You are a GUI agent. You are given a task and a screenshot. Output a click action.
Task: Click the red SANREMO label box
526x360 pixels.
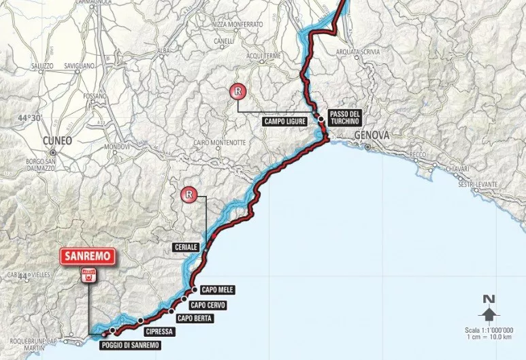(88, 257)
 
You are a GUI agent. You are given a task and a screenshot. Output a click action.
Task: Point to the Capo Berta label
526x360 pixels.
(195, 318)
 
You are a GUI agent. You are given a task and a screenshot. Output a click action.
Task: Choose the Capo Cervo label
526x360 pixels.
(208, 304)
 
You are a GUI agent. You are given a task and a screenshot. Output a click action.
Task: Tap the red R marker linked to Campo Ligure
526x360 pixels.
(237, 90)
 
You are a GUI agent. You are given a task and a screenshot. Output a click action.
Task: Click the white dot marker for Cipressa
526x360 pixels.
(140, 321)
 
